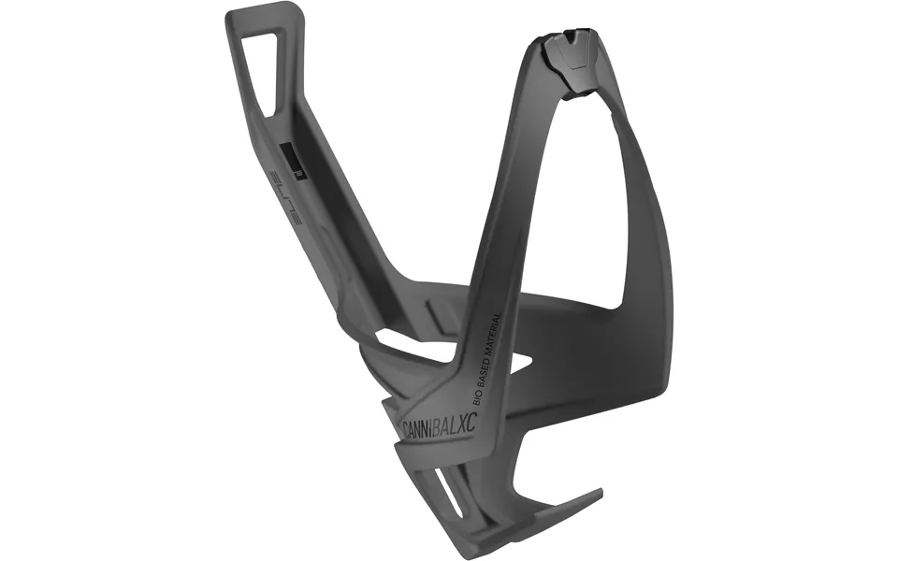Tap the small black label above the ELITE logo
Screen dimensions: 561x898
(x=295, y=158)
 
